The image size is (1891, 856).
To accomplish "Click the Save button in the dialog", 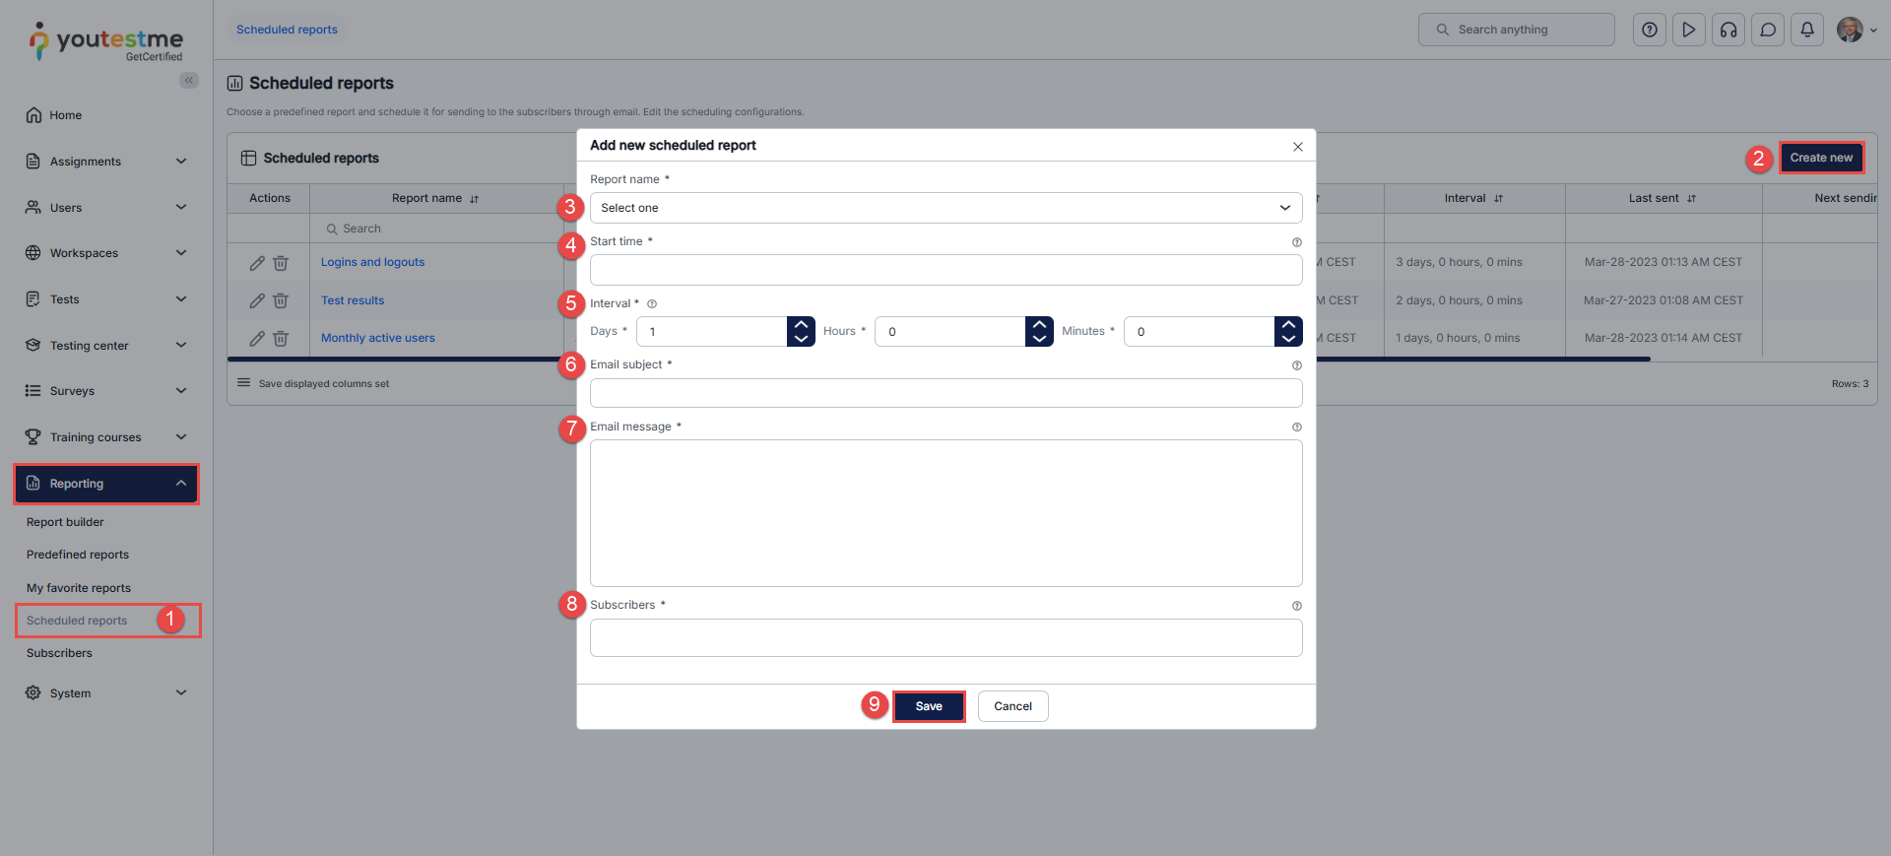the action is click(929, 706).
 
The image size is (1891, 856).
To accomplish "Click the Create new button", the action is click(1821, 158).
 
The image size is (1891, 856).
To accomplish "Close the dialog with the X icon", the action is click(1298, 147).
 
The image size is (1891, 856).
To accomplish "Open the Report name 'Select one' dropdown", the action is click(945, 208).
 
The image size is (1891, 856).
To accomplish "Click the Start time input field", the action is click(945, 270).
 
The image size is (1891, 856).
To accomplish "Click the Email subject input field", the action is click(945, 393).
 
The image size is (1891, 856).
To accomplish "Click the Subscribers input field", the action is click(945, 637).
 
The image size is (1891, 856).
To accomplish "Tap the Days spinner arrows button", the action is click(801, 332).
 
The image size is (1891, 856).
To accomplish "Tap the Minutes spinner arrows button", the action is click(1288, 332).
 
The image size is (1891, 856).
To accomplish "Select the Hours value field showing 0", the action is click(950, 332).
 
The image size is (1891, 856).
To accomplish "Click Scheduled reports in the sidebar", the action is click(77, 621).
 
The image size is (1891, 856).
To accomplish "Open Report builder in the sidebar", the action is click(65, 522).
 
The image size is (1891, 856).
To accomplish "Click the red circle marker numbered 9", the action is click(874, 704).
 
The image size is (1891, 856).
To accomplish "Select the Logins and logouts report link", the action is click(372, 262).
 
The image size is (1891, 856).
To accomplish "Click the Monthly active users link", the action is click(378, 338).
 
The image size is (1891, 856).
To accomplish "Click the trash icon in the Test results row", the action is click(281, 300).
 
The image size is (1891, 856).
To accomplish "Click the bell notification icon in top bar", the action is click(1807, 30).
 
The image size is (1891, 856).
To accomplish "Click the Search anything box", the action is click(1517, 30).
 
